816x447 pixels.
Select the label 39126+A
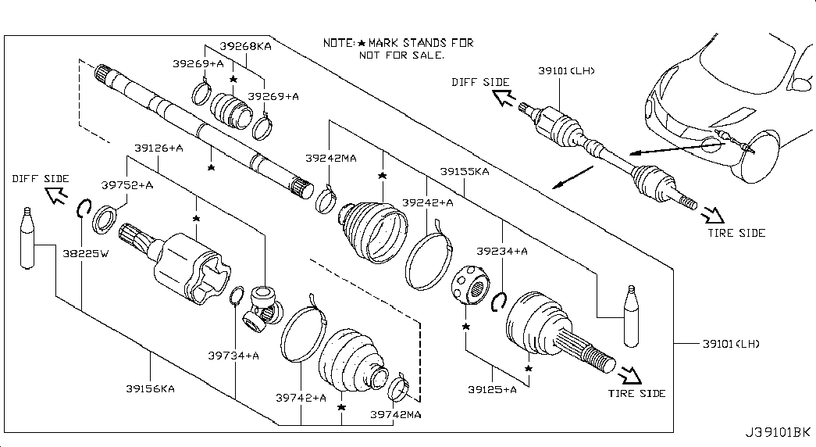159,148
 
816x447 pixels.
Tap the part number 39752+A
127,185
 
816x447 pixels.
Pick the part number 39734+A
233,356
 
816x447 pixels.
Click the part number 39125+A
493,389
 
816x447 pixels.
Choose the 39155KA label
464,171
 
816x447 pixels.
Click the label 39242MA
330,158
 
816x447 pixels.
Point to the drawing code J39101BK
778,431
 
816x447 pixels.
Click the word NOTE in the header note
339,43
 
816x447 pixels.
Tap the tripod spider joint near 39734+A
262,308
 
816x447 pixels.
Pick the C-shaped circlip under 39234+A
500,301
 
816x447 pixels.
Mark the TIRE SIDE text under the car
736,233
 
